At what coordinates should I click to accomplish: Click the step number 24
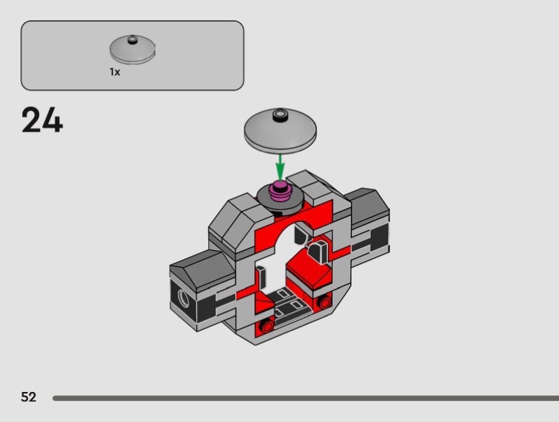tap(42, 119)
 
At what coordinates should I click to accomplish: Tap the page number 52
tap(29, 397)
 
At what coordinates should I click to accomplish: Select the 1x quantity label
tap(115, 72)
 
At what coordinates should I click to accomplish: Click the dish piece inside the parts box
tap(132, 49)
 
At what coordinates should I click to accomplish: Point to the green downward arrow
tap(280, 167)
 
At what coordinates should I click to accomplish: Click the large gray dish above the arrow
tap(280, 131)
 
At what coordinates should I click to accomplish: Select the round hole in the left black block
tap(184, 297)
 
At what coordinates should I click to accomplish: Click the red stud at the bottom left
tap(267, 325)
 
